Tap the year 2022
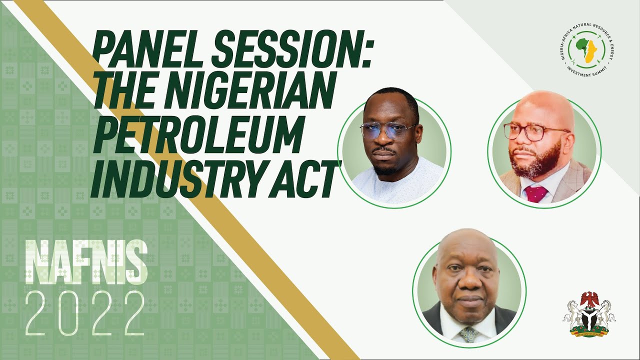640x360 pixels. tap(85, 313)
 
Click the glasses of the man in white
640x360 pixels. tap(388, 130)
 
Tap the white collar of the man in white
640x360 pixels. tap(395, 177)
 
